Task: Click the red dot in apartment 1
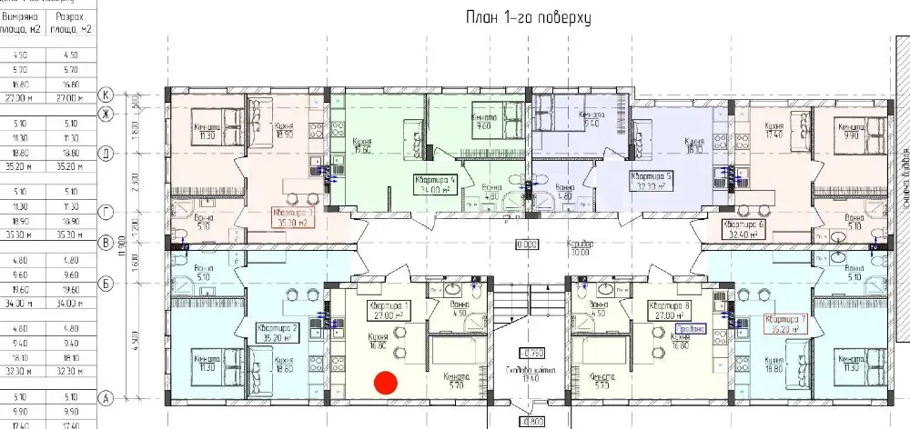click(x=386, y=383)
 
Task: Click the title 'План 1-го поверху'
click(x=517, y=18)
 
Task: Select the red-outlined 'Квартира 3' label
click(x=293, y=217)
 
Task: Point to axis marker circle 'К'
click(x=106, y=94)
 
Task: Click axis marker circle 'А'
click(x=106, y=396)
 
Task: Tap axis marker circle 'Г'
click(x=106, y=211)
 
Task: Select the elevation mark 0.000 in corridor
click(x=526, y=245)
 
